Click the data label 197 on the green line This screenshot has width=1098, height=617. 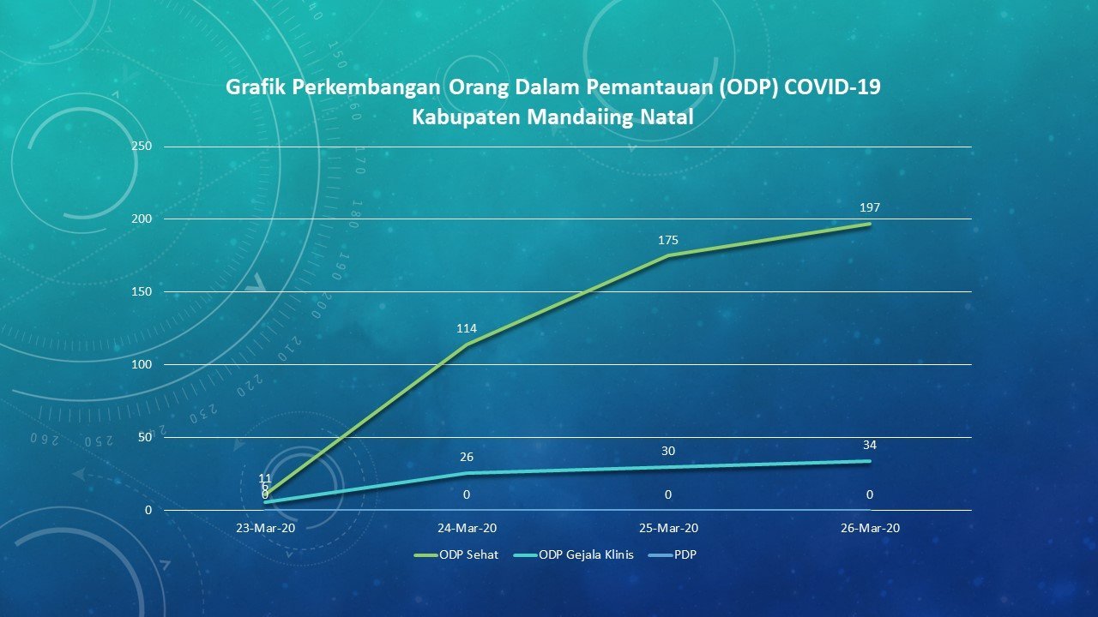click(870, 207)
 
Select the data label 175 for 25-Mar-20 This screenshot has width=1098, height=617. click(667, 240)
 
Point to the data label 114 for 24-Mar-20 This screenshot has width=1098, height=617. click(467, 328)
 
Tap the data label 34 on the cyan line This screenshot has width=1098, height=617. click(870, 445)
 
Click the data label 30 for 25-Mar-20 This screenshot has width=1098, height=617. click(667, 451)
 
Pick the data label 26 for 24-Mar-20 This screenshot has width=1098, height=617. click(467, 457)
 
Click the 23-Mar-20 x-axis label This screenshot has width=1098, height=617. click(265, 528)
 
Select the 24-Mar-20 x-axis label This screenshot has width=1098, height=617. click(467, 528)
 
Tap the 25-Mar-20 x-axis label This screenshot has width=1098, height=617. click(668, 528)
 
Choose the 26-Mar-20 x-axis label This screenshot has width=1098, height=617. click(870, 528)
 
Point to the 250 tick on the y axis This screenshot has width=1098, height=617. click(142, 147)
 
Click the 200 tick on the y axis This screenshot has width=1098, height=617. click(142, 219)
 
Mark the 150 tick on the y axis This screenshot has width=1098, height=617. click(142, 292)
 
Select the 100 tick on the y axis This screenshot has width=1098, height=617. click(142, 365)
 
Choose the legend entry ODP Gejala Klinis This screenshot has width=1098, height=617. click(586, 554)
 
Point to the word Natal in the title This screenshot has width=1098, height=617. click(667, 117)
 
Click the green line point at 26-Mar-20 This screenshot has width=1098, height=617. click(870, 224)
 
